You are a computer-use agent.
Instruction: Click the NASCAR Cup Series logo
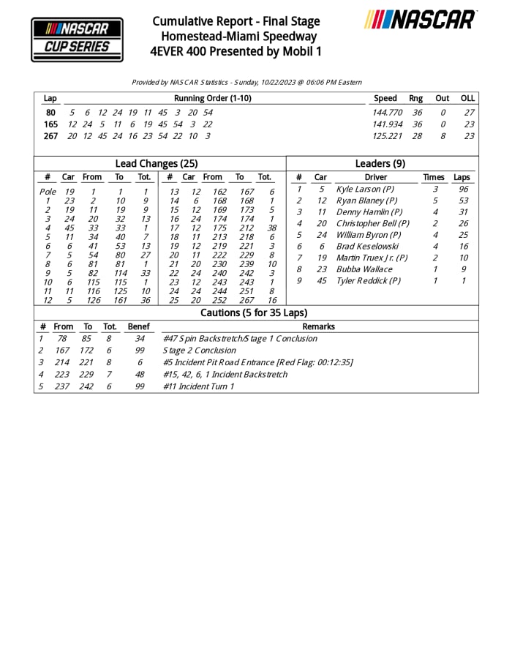pos(77,40)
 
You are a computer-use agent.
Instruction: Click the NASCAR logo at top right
pos(421,20)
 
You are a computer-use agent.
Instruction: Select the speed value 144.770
pos(388,113)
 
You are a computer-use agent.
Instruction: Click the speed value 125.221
pos(388,136)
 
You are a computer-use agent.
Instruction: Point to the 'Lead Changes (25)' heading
pos(157,164)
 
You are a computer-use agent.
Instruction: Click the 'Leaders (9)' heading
pos(380,164)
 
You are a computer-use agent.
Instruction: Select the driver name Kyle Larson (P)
pos(365,189)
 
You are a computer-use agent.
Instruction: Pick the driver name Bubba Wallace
pos(361,269)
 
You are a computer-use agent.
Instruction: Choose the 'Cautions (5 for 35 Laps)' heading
pos(256,313)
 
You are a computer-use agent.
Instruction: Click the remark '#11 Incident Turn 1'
pos(198,386)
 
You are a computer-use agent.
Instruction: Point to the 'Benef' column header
pos(138,326)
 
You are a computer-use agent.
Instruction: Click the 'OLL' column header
pos(467,98)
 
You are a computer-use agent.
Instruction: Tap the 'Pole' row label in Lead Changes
pos(47,192)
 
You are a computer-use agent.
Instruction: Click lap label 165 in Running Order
pos(50,124)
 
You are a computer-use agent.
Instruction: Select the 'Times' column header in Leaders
pos(433,177)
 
